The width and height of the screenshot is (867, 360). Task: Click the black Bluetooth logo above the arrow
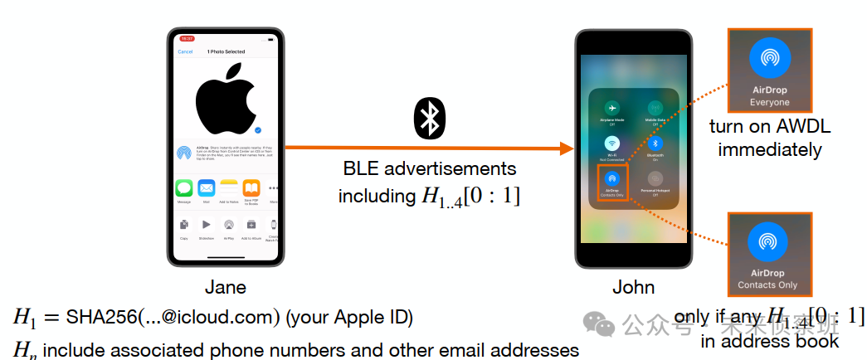click(429, 118)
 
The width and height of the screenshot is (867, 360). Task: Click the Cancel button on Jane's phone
click(186, 51)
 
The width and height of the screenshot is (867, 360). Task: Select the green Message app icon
click(184, 187)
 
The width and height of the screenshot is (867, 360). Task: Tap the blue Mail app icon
click(206, 187)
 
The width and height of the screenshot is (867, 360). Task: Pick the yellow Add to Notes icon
click(229, 187)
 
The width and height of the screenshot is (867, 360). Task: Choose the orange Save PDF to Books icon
click(251, 187)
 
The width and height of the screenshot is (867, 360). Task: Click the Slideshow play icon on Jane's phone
click(206, 225)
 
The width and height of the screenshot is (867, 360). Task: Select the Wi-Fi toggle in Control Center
click(611, 144)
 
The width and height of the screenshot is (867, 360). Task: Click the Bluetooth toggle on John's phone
click(655, 144)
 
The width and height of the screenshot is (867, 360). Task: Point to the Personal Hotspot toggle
click(655, 178)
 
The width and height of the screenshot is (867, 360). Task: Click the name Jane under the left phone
click(225, 287)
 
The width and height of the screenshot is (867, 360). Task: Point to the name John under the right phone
click(633, 287)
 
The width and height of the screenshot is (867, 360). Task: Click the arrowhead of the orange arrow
click(567, 148)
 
